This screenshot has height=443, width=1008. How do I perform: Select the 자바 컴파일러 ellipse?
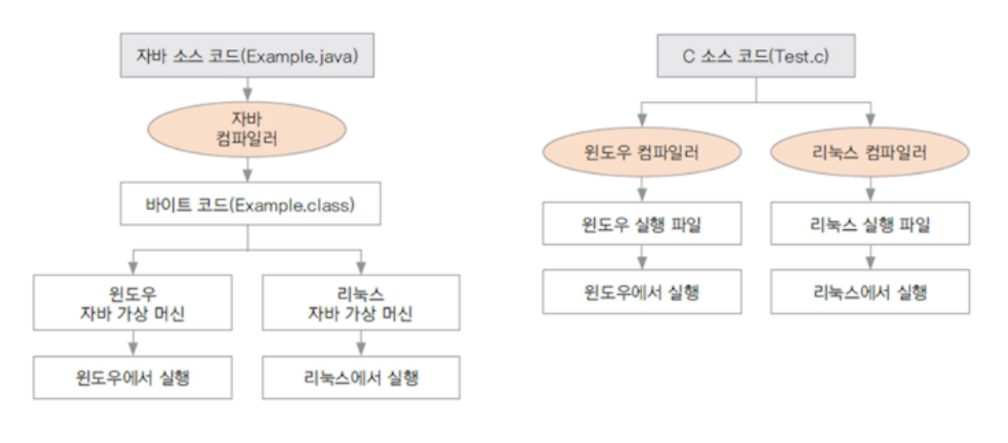(x=247, y=128)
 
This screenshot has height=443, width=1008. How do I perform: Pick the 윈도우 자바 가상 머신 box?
(x=134, y=302)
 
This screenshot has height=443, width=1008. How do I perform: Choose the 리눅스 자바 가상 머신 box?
(x=360, y=302)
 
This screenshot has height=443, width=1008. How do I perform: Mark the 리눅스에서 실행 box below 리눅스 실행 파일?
(x=869, y=292)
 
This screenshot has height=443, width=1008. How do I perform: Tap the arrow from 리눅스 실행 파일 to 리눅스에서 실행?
(x=869, y=257)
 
